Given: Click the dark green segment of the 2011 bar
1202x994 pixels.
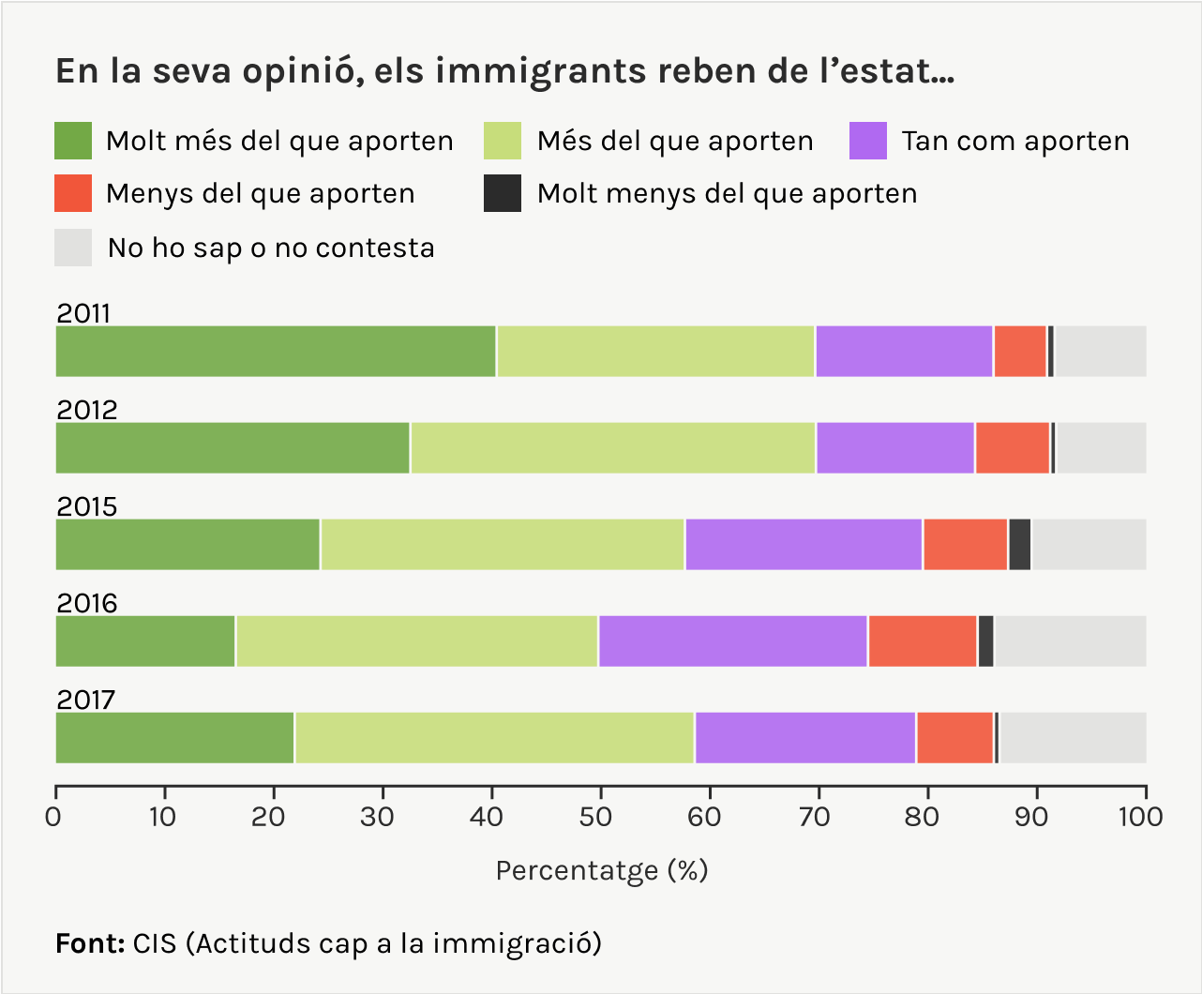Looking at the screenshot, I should pos(276,352).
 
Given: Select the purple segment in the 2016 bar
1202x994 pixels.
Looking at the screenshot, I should pos(732,641).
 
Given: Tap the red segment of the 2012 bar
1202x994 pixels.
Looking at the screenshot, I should pos(1012,448).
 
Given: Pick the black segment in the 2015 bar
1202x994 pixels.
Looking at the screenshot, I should pos(1019,545).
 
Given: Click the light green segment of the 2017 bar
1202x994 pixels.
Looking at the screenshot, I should pos(494,738).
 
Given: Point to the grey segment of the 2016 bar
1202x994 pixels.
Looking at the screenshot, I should pos(1070,641).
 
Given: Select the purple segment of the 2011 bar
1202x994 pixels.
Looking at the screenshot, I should pos(904,352).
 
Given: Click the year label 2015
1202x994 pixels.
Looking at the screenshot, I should pos(87,506).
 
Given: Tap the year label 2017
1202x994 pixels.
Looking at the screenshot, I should pos(86,700).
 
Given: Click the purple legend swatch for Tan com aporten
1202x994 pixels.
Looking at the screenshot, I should pos(867,141).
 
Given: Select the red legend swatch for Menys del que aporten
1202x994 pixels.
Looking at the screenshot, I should pos(73,193).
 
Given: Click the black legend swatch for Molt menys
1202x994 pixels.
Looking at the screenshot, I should pos(503,193).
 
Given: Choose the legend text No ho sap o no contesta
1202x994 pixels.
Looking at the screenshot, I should pos(271,248).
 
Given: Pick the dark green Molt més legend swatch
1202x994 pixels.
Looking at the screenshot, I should pos(73,141).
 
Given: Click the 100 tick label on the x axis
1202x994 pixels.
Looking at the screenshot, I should pos(1140,817).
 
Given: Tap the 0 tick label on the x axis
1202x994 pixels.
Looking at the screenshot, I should pos(54,817).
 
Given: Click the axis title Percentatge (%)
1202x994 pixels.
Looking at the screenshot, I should pos(601,871).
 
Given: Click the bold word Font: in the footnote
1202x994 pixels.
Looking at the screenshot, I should pos(90,942).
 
